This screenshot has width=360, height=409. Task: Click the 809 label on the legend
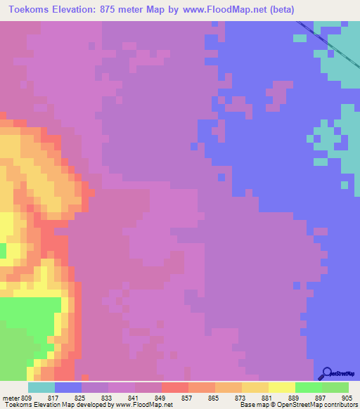click(27, 398)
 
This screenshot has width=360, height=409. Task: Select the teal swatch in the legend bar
click(41, 387)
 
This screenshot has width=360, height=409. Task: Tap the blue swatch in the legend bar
click(68, 387)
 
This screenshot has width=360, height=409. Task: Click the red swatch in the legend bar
click(175, 387)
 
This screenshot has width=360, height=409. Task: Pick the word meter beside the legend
click(11, 398)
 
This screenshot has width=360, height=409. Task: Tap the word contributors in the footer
click(339, 405)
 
